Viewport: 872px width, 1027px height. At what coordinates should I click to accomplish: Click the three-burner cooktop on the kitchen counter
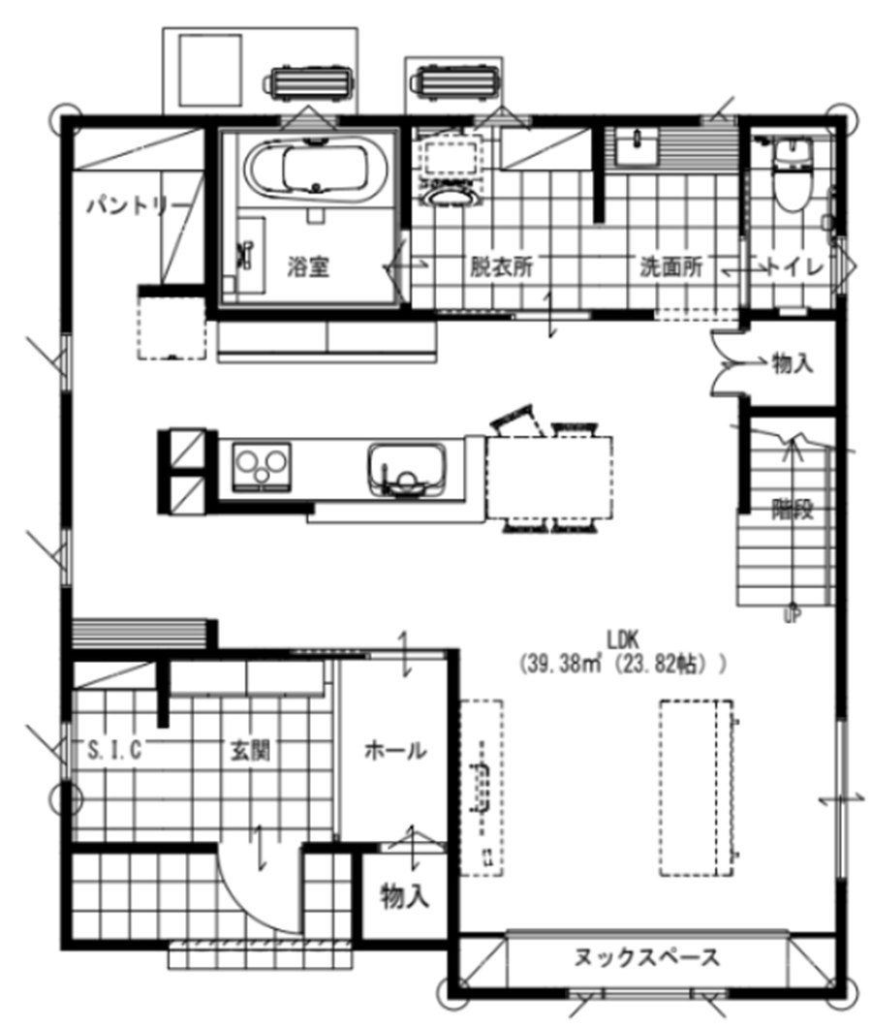click(x=262, y=466)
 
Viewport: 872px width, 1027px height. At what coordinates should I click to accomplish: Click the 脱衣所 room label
click(x=502, y=266)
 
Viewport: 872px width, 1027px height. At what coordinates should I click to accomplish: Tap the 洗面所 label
click(x=671, y=266)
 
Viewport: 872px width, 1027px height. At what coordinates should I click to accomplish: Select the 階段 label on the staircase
click(x=793, y=509)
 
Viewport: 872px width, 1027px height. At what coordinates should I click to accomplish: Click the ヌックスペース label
click(x=646, y=958)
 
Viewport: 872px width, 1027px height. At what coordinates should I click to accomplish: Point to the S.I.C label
click(x=114, y=749)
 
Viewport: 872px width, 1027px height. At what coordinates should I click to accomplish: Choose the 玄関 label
click(x=250, y=750)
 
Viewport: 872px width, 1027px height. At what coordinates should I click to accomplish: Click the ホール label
click(x=395, y=750)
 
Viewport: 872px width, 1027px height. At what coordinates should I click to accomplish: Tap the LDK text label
click(x=622, y=639)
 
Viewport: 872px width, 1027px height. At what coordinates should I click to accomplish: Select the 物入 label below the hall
click(x=405, y=895)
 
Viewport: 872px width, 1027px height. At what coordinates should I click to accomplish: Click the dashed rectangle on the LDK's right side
click(x=696, y=788)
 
